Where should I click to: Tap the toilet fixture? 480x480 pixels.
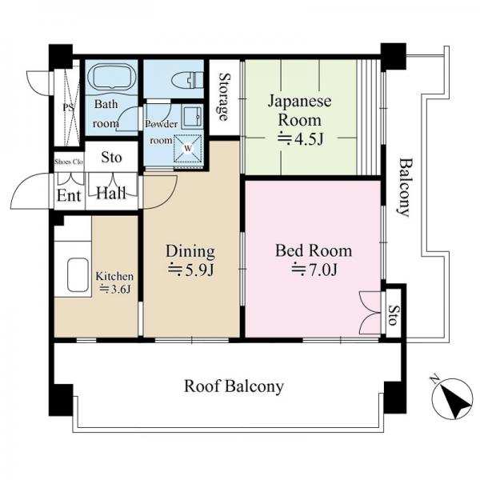[x=188, y=80]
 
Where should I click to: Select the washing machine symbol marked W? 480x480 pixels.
[x=188, y=148]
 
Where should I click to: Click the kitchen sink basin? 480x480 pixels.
[x=78, y=275]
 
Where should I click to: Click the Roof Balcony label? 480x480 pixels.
[x=234, y=386]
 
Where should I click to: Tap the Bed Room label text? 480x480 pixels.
[x=314, y=250]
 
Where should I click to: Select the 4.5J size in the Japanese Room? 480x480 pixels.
[x=300, y=138]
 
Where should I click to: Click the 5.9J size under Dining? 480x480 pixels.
[x=190, y=270]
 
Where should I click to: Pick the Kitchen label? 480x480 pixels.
[x=114, y=276]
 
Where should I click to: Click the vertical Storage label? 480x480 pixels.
[x=225, y=97]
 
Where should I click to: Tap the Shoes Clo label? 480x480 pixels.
[x=69, y=162]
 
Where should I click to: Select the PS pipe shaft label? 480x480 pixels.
[x=68, y=108]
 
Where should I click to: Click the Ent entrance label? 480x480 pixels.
[x=69, y=196]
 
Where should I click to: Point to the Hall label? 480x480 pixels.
[x=111, y=194]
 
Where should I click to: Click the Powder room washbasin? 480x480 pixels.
[x=192, y=116]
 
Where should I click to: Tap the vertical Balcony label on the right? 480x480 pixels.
[x=406, y=187]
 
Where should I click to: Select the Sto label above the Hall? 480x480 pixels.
[x=111, y=158]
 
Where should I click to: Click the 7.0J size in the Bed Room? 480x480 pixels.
[x=314, y=270]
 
